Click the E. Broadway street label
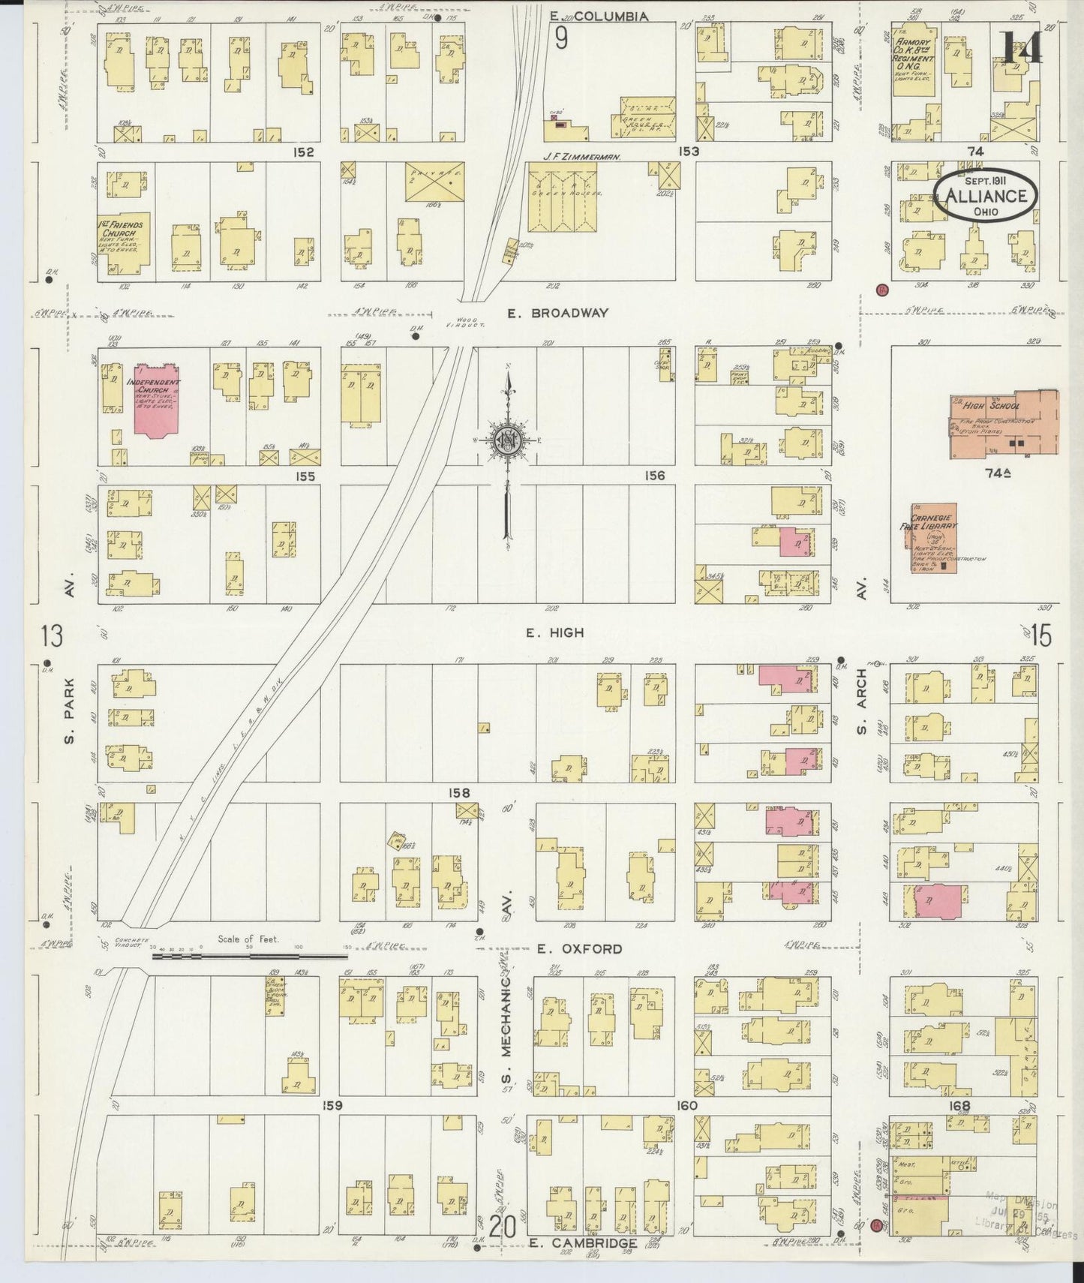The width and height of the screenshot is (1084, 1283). point(557,314)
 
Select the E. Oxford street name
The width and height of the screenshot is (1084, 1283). point(579,949)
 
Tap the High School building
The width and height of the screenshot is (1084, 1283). point(1004,425)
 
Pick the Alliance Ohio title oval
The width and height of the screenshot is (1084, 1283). point(986,196)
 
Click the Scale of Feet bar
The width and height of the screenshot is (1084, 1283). point(248,956)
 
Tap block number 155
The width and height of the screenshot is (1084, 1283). point(305,476)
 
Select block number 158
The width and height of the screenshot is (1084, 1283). point(459,793)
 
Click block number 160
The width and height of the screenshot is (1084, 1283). point(686,1105)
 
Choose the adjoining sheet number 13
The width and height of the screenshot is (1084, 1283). point(53,636)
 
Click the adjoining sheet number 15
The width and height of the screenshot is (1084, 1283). point(1041,636)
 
